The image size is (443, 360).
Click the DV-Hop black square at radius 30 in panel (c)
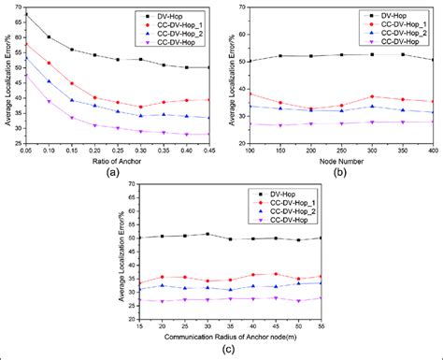pos(207,234)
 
